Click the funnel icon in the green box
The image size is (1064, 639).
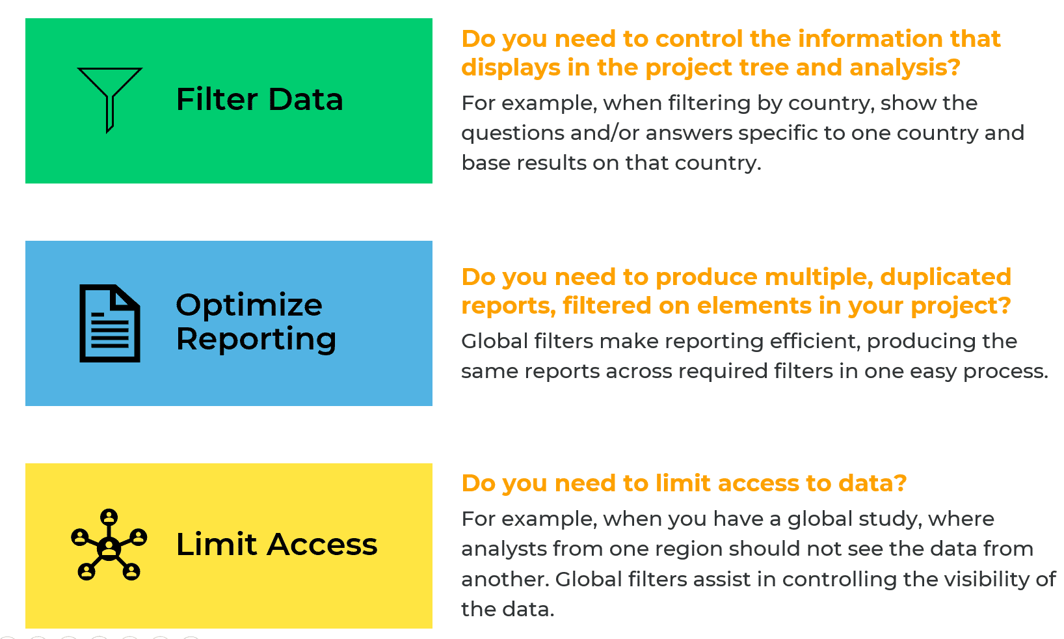tap(109, 98)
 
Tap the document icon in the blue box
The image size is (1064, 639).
tap(109, 323)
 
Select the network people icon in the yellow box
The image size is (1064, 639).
tap(109, 545)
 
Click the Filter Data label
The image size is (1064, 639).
tap(259, 100)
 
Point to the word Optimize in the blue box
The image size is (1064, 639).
tap(249, 305)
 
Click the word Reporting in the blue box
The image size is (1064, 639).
tap(256, 339)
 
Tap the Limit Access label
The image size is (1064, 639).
tap(276, 545)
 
